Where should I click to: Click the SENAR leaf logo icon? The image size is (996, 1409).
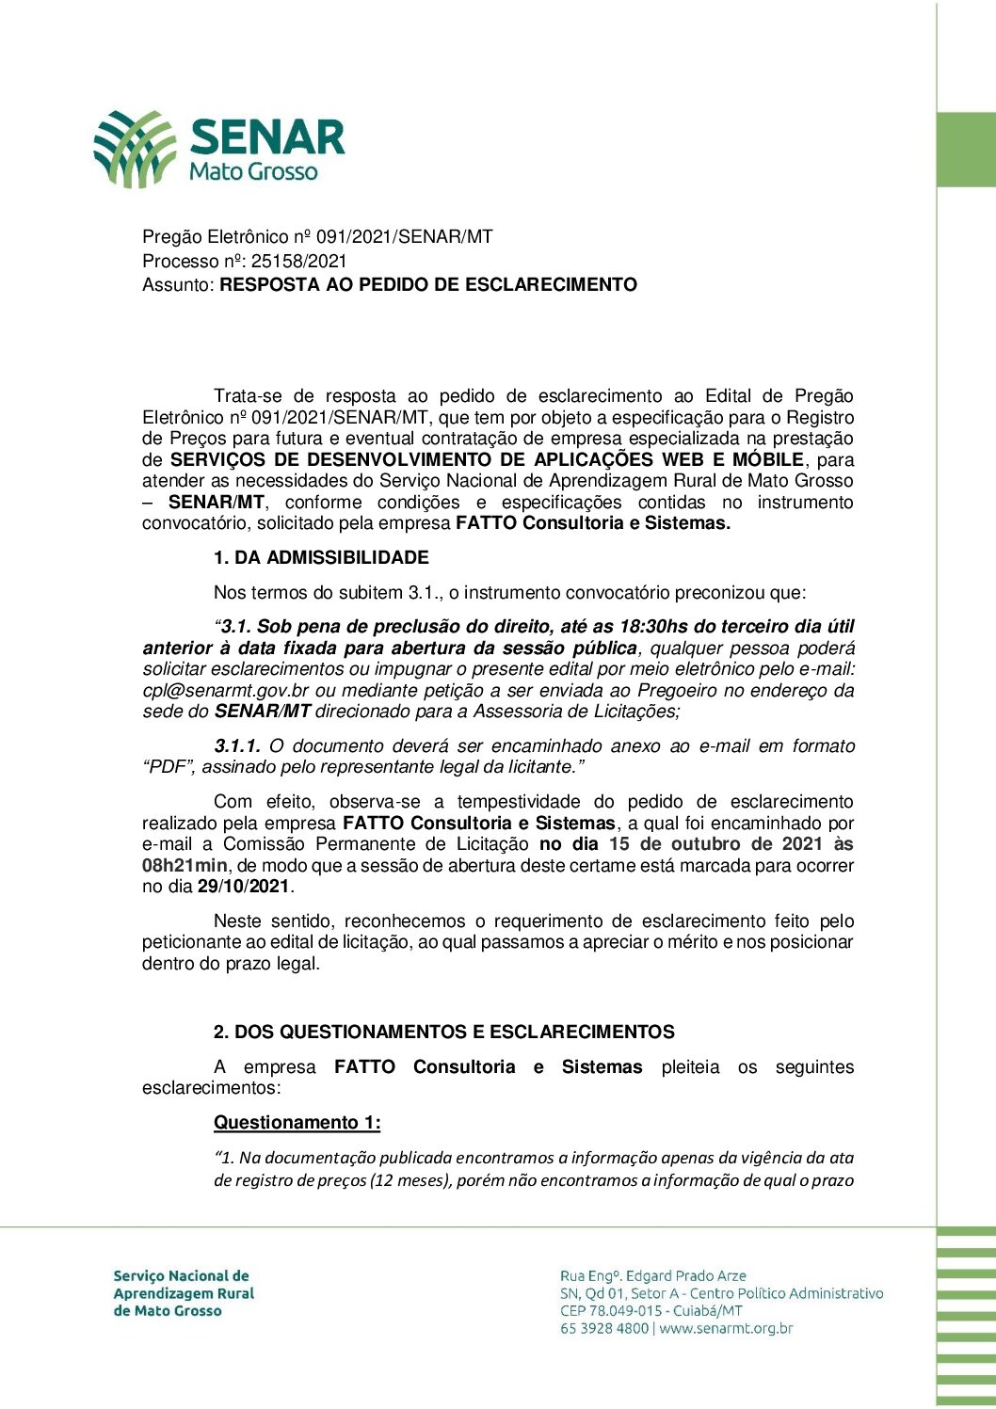click(x=135, y=148)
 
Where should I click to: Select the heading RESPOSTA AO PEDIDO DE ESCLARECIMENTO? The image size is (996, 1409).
click(x=428, y=285)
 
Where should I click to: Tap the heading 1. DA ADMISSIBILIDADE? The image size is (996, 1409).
click(x=321, y=558)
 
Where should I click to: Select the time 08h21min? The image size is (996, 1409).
click(x=185, y=866)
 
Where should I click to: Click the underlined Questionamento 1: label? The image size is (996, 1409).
click(x=297, y=1123)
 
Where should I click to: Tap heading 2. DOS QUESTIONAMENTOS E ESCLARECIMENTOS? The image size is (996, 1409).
click(x=443, y=1033)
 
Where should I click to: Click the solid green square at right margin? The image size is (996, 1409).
click(x=966, y=150)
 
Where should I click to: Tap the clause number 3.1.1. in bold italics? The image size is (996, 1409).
click(x=237, y=746)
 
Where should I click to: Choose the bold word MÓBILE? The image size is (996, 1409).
click(x=768, y=460)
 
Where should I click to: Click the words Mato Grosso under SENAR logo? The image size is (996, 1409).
click(x=253, y=172)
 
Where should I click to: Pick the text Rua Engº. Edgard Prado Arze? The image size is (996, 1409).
click(x=652, y=1276)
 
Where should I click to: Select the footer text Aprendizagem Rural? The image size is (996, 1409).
click(x=184, y=1293)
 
